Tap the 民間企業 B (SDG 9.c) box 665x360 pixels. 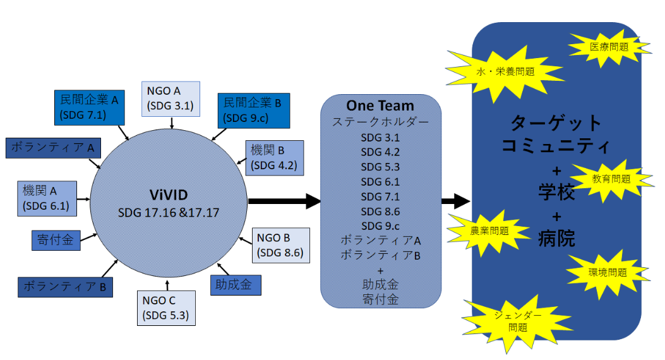point(253,109)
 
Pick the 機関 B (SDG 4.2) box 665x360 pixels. point(273,158)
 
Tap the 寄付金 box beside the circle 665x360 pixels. point(56,240)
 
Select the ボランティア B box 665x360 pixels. point(65,285)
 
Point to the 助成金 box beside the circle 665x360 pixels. point(236,285)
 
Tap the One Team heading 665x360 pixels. point(380,105)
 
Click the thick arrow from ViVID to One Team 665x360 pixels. point(284,201)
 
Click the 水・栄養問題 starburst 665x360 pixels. point(505,71)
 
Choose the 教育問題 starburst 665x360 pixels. point(611,179)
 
